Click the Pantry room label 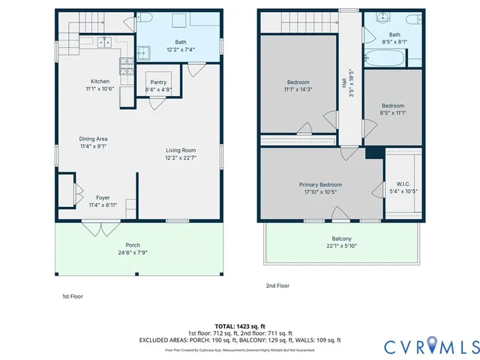pyautogui.click(x=158, y=82)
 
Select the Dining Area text pyautogui.click(x=94, y=139)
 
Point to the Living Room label pyautogui.click(x=181, y=150)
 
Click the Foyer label pyautogui.click(x=103, y=197)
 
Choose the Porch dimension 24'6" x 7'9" pyautogui.click(x=133, y=252)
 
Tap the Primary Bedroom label pyautogui.click(x=320, y=184)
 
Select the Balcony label pyautogui.click(x=341, y=238)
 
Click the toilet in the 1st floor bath pyautogui.click(x=145, y=19)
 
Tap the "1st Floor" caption pyautogui.click(x=72, y=297)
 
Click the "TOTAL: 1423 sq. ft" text pyautogui.click(x=240, y=326)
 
